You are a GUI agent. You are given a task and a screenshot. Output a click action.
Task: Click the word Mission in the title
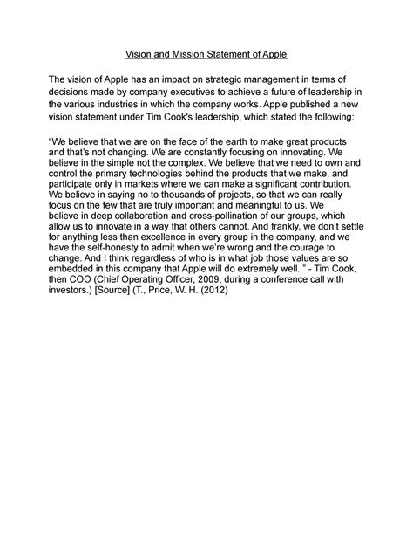click(194, 54)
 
